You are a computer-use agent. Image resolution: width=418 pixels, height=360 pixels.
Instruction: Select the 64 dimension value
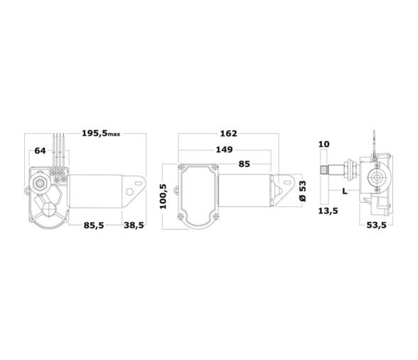coord(40,150)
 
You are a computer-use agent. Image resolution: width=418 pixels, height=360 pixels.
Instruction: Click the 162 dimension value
coord(228,134)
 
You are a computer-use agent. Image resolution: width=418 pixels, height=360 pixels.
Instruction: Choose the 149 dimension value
coord(224,150)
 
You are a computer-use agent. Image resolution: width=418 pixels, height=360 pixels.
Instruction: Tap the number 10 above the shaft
coord(323,144)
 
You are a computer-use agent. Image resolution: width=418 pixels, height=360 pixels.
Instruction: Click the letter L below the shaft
coord(344,191)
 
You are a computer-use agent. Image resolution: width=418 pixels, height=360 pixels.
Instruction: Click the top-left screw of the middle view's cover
coord(183,168)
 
